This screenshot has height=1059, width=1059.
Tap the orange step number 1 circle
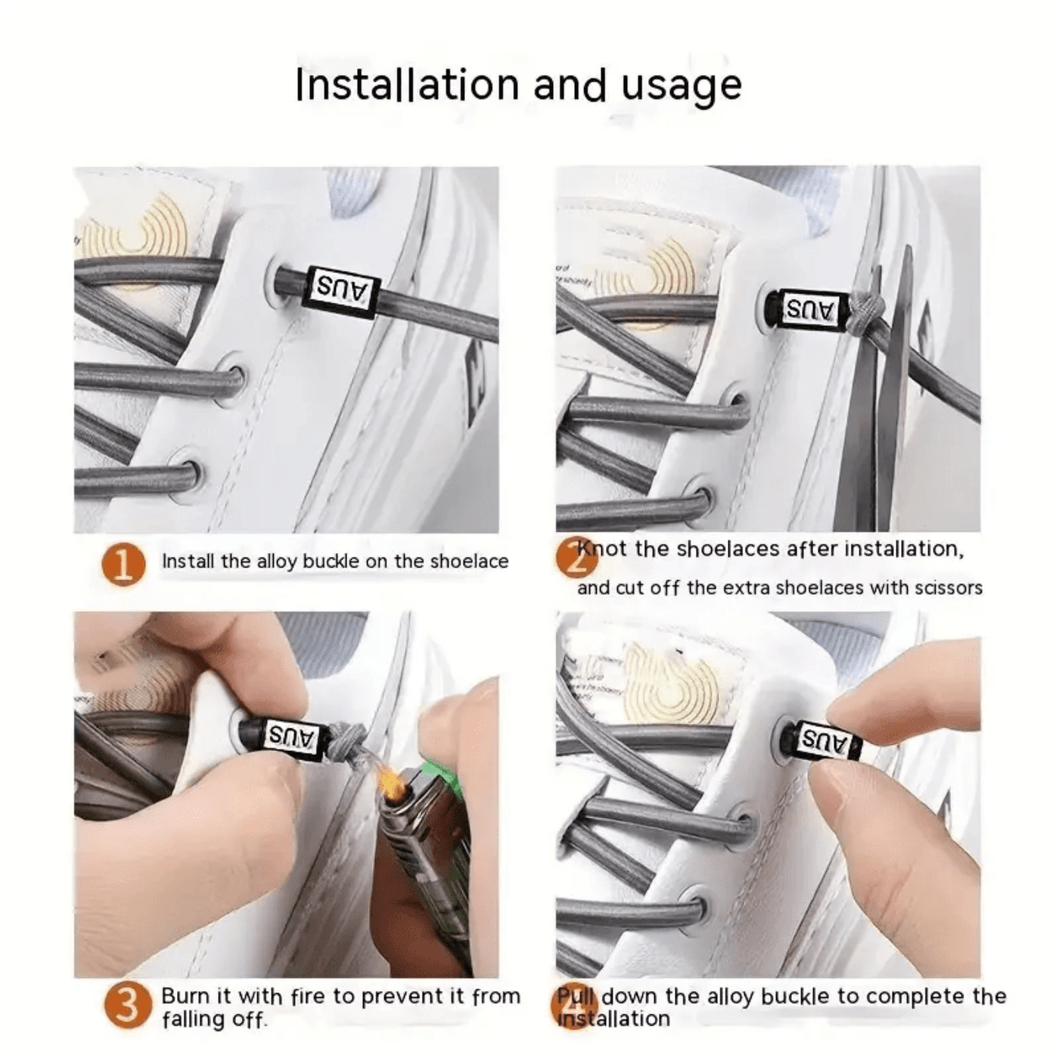(123, 565)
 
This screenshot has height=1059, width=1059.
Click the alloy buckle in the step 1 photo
(339, 291)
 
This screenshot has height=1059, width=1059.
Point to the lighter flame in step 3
(392, 781)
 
